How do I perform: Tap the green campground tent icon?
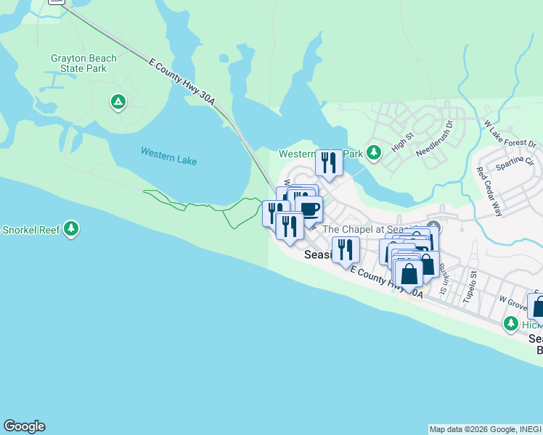point(118,102)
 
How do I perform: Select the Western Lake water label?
point(168,155)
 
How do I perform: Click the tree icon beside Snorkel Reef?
point(70,230)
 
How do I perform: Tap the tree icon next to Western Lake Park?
point(374,152)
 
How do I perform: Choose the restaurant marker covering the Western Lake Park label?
point(329,163)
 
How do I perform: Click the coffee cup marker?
point(309,210)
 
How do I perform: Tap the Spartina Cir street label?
point(515,162)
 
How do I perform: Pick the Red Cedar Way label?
point(489,192)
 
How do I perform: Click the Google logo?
point(24,426)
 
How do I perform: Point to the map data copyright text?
point(484,429)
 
